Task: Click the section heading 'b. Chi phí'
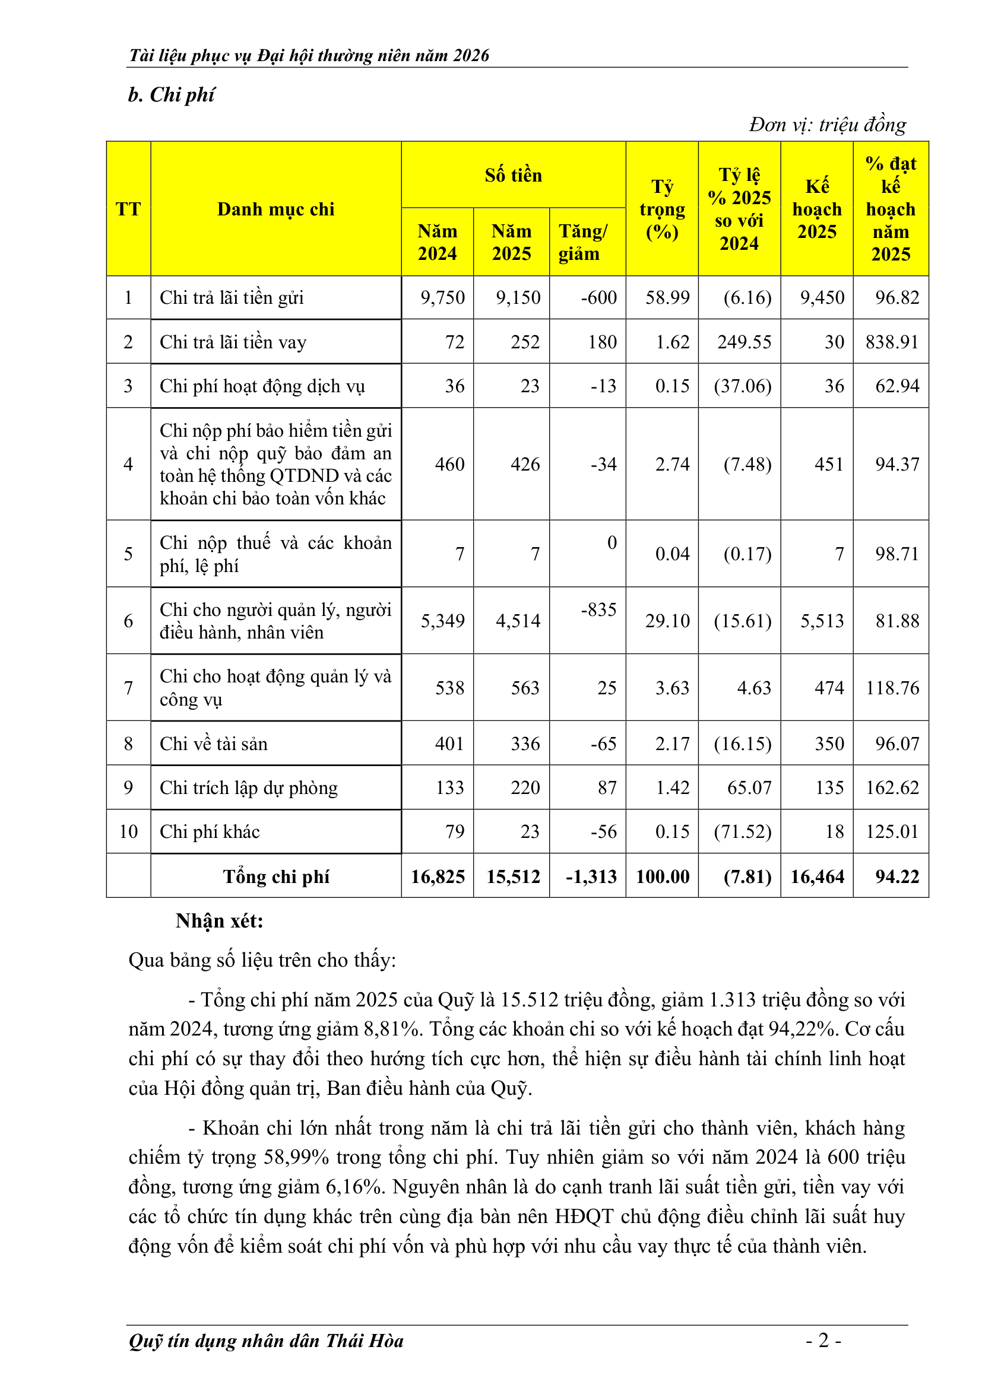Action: [171, 95]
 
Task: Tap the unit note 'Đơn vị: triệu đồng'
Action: [827, 125]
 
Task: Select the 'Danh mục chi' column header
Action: [275, 209]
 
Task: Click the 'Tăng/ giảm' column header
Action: [582, 243]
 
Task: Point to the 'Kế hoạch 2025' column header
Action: [817, 209]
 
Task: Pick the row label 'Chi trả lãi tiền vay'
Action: [233, 342]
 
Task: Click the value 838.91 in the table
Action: [892, 342]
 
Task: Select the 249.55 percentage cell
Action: [745, 342]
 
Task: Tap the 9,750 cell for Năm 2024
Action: [443, 297]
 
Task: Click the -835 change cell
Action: [598, 609]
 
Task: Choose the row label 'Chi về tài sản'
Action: [214, 744]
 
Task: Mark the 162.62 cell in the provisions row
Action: [892, 787]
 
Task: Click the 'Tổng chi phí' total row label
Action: [275, 876]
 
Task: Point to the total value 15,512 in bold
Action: [513, 876]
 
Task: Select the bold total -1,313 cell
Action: [591, 876]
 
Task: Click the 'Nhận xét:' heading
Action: [220, 922]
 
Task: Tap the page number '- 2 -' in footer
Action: [823, 1341]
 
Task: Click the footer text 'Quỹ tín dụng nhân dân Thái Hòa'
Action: [266, 1341]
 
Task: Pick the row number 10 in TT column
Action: [128, 832]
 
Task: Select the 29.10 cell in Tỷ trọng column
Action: [667, 621]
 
